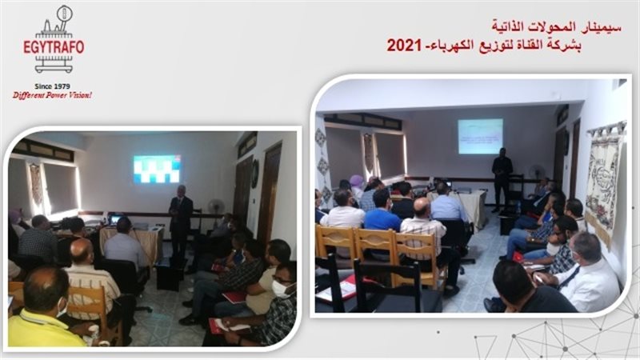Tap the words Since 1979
point(53,85)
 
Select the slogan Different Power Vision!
point(52,95)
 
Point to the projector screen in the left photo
point(157,169)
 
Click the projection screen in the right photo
point(480,136)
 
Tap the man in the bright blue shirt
point(382,212)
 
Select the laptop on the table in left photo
point(116,218)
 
